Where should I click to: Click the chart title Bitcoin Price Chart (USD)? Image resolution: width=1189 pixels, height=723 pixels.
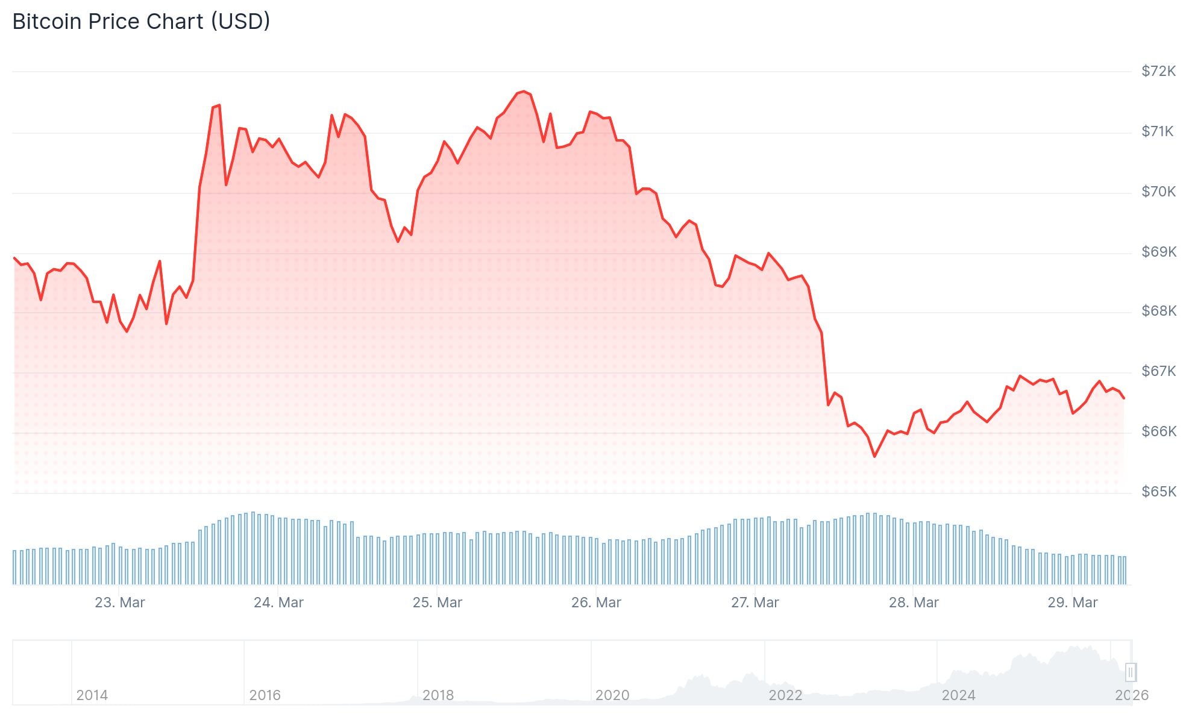[141, 22]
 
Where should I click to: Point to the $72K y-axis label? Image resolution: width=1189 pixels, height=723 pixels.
[1158, 71]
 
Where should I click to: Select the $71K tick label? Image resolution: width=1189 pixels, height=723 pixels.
[1157, 131]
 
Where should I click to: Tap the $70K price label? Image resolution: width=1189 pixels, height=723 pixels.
[1158, 192]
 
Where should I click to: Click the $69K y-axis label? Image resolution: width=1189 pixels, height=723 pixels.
[1158, 252]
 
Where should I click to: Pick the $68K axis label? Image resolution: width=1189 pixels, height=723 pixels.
[1158, 311]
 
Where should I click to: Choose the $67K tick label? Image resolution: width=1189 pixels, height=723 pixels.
[1158, 371]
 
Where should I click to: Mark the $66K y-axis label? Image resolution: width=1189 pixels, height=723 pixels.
[1158, 431]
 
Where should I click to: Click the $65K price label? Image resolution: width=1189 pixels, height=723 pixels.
[1158, 492]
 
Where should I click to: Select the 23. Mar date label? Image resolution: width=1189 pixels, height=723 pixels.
[120, 602]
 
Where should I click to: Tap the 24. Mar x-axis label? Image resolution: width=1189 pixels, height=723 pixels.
[278, 602]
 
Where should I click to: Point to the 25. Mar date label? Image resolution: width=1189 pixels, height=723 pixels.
[438, 602]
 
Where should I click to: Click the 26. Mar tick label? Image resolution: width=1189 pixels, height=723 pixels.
[596, 602]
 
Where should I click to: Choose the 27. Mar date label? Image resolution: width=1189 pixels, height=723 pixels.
[755, 602]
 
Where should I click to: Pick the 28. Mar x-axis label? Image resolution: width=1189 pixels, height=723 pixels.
[914, 602]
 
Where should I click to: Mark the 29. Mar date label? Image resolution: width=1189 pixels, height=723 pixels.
[1073, 602]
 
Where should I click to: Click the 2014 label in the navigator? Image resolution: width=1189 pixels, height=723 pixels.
[92, 695]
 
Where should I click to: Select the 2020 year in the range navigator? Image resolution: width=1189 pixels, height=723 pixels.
[612, 695]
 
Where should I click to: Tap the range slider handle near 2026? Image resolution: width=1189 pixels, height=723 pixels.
[1131, 672]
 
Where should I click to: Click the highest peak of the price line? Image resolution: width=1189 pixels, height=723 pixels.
[523, 92]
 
